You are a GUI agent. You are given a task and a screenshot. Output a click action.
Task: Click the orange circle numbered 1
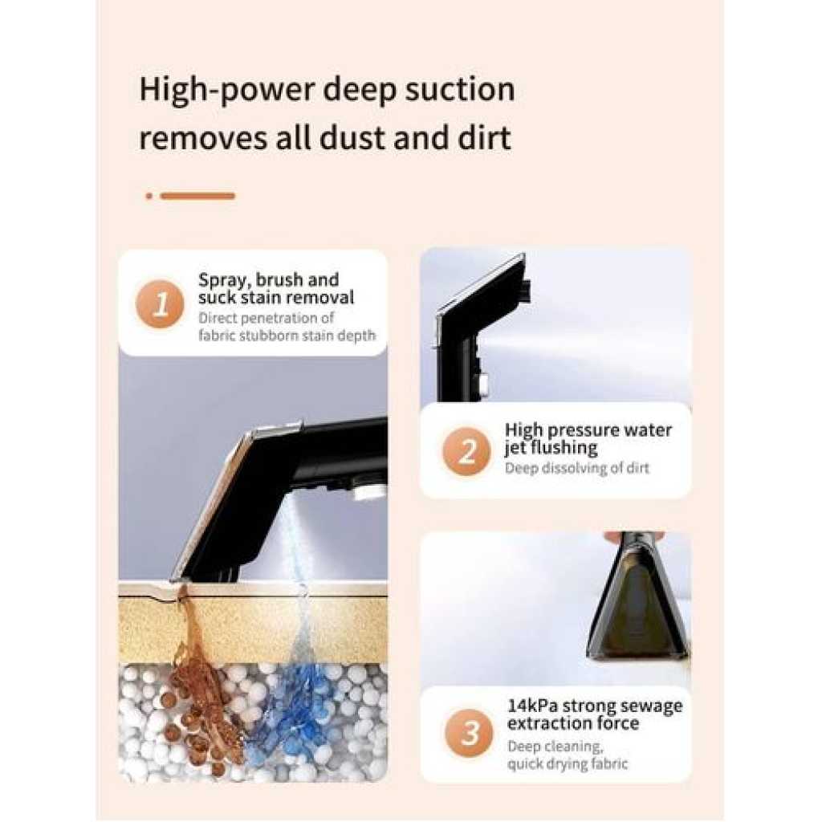(x=160, y=304)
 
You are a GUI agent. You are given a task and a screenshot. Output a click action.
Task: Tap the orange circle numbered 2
(x=466, y=451)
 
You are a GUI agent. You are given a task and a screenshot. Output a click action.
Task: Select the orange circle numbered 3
(x=469, y=732)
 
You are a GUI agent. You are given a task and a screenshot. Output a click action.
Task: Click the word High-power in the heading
(x=226, y=91)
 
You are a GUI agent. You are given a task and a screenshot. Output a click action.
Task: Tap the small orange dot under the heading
(x=149, y=196)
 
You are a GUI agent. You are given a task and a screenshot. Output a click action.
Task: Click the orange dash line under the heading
(x=197, y=196)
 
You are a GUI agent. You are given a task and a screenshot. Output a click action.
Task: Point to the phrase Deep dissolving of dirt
(x=576, y=468)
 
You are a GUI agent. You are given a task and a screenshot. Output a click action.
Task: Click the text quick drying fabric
(x=568, y=764)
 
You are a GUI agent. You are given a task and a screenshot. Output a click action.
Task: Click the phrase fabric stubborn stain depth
(x=287, y=335)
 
